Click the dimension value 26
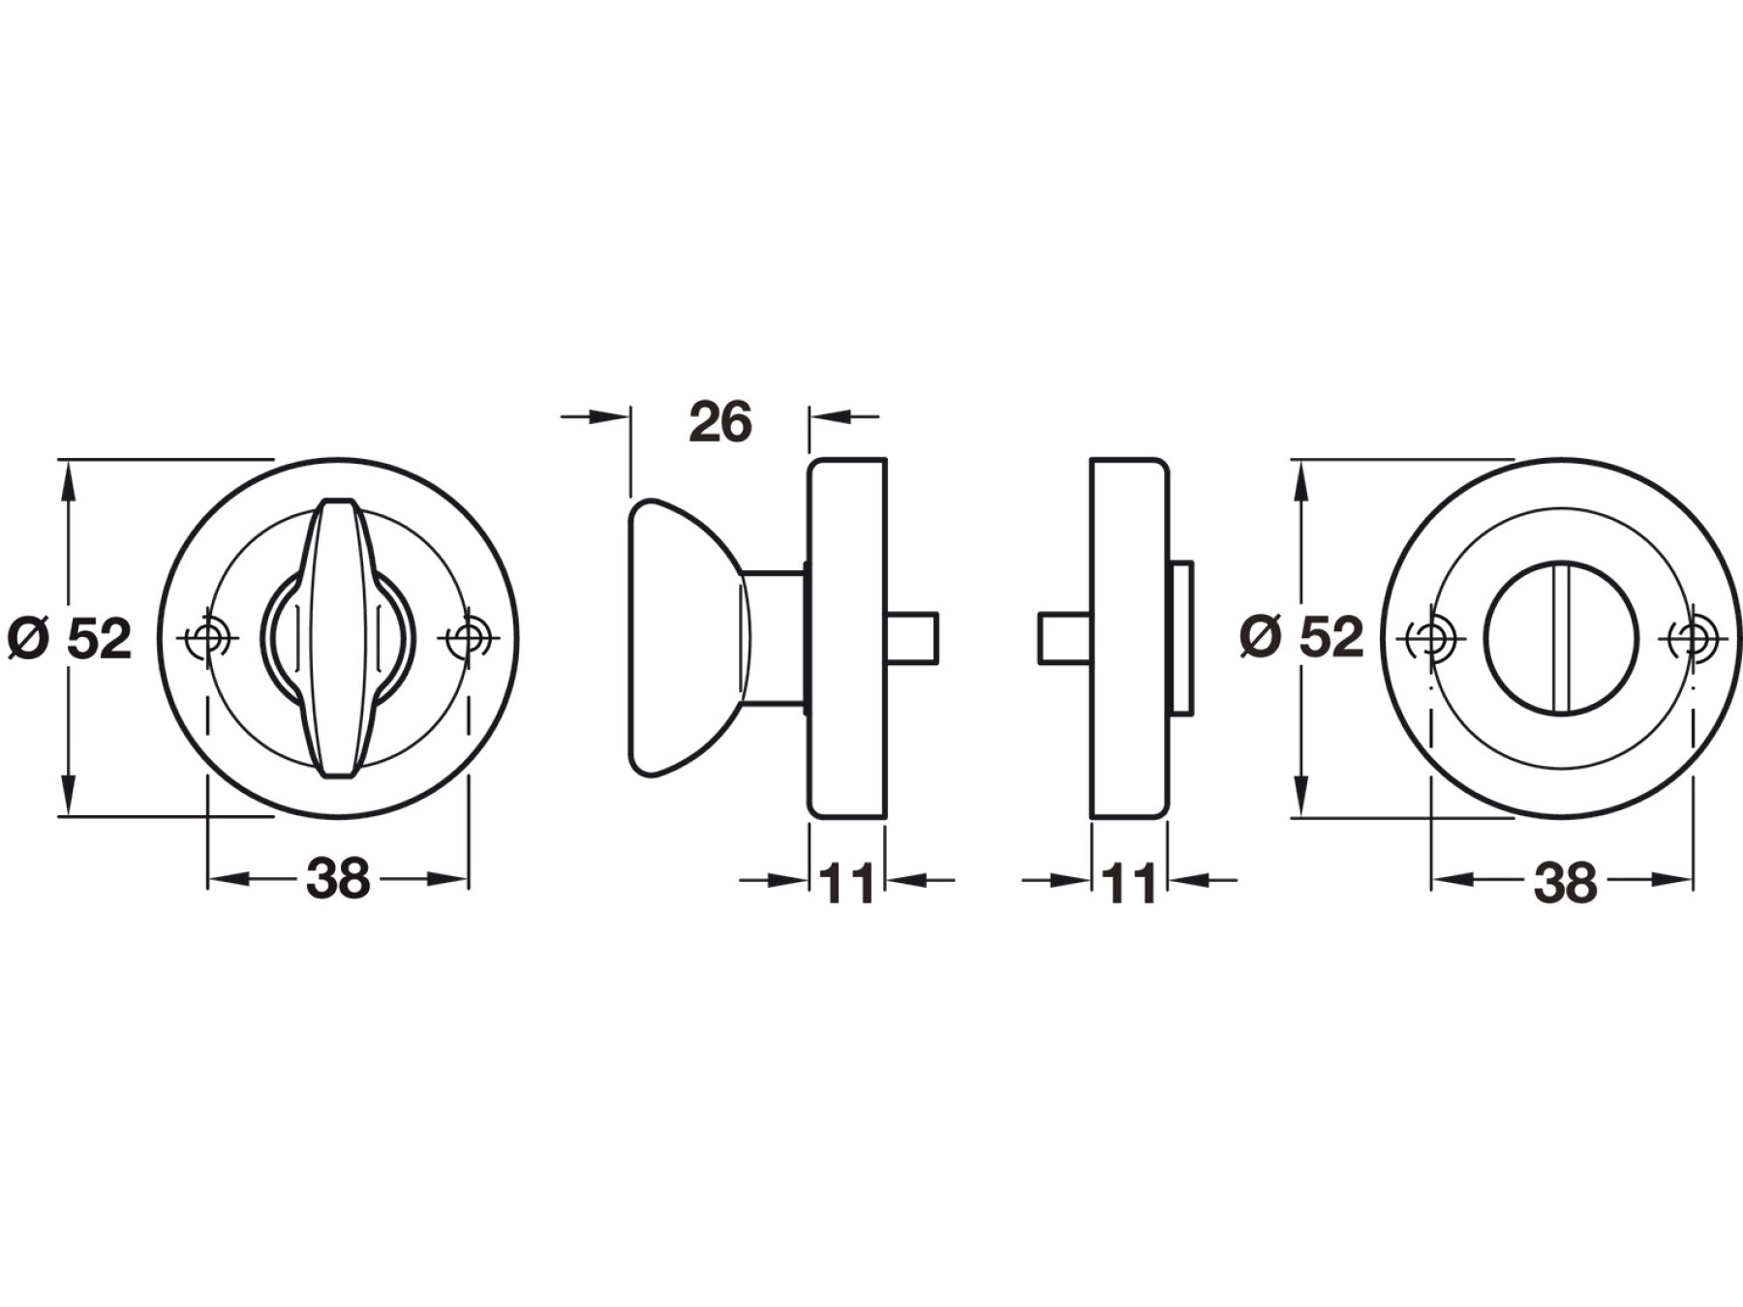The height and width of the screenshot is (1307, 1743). pyautogui.click(x=720, y=422)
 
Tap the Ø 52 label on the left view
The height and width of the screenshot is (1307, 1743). pyautogui.click(x=69, y=639)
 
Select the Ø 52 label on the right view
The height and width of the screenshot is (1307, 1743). pyautogui.click(x=1301, y=637)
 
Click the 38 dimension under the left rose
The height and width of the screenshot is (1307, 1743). pyautogui.click(x=338, y=879)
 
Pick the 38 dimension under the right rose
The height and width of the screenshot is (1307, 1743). pyautogui.click(x=1565, y=883)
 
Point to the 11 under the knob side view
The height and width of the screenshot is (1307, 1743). pyautogui.click(x=846, y=883)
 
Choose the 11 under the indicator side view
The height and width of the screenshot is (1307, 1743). pyautogui.click(x=1129, y=883)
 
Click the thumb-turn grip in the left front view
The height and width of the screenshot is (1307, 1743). pyautogui.click(x=339, y=638)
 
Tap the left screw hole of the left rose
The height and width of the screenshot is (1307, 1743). pyautogui.click(x=207, y=638)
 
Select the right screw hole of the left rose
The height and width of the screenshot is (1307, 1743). pyautogui.click(x=469, y=638)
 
